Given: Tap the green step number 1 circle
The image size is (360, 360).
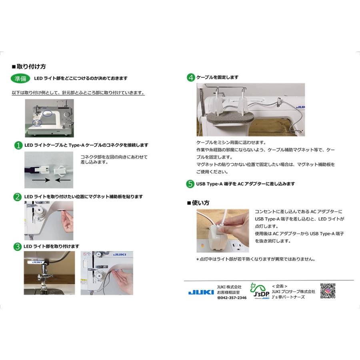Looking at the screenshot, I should pos(18,145).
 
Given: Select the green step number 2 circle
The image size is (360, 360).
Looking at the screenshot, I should pos(18,197).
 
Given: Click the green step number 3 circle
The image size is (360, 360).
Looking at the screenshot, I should pos(18,246).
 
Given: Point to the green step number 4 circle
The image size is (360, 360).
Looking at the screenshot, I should pos(191,78).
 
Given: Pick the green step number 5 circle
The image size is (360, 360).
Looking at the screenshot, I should pos(191,184).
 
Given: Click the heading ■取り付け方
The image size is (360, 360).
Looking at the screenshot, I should pos(32,66).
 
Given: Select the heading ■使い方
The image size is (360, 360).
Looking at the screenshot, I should pos(199,203).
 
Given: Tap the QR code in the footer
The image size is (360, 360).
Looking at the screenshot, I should pos(328,291).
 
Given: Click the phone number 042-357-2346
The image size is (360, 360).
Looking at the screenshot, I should pos(232,298).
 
